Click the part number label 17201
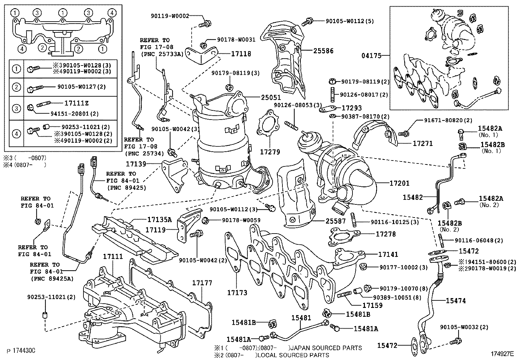click(x=399, y=183)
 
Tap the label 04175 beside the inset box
click(x=371, y=56)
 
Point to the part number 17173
click(x=237, y=293)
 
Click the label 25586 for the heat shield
click(x=323, y=51)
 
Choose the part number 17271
click(x=422, y=143)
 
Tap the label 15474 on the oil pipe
click(x=455, y=300)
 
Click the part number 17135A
click(x=159, y=219)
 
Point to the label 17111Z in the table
click(x=76, y=103)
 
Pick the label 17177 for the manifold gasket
click(x=202, y=283)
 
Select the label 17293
click(x=351, y=108)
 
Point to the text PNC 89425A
click(x=52, y=278)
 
